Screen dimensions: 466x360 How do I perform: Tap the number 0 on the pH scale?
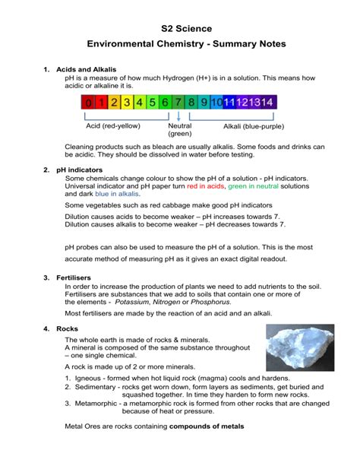click(89, 102)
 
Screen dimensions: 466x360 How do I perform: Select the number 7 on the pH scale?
click(178, 102)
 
